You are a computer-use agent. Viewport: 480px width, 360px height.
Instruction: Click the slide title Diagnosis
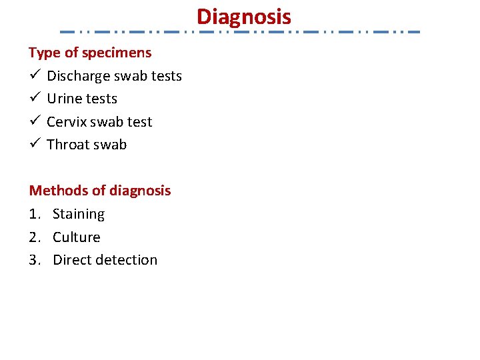(x=244, y=16)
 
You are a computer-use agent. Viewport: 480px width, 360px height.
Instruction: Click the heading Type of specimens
(x=90, y=52)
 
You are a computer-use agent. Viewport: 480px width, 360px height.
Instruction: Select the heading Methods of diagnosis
(x=100, y=191)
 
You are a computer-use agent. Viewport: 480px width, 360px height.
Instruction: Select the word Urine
(x=64, y=99)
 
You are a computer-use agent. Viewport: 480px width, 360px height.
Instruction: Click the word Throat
(x=67, y=145)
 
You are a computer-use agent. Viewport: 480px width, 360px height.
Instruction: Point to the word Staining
(x=79, y=215)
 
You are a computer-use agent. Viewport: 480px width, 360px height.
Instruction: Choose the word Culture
(x=77, y=237)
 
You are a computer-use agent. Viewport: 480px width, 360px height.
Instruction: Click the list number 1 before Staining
(x=33, y=214)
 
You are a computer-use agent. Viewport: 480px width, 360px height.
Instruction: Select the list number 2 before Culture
(x=33, y=237)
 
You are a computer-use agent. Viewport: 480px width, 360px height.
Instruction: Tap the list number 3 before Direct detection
(x=33, y=260)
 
